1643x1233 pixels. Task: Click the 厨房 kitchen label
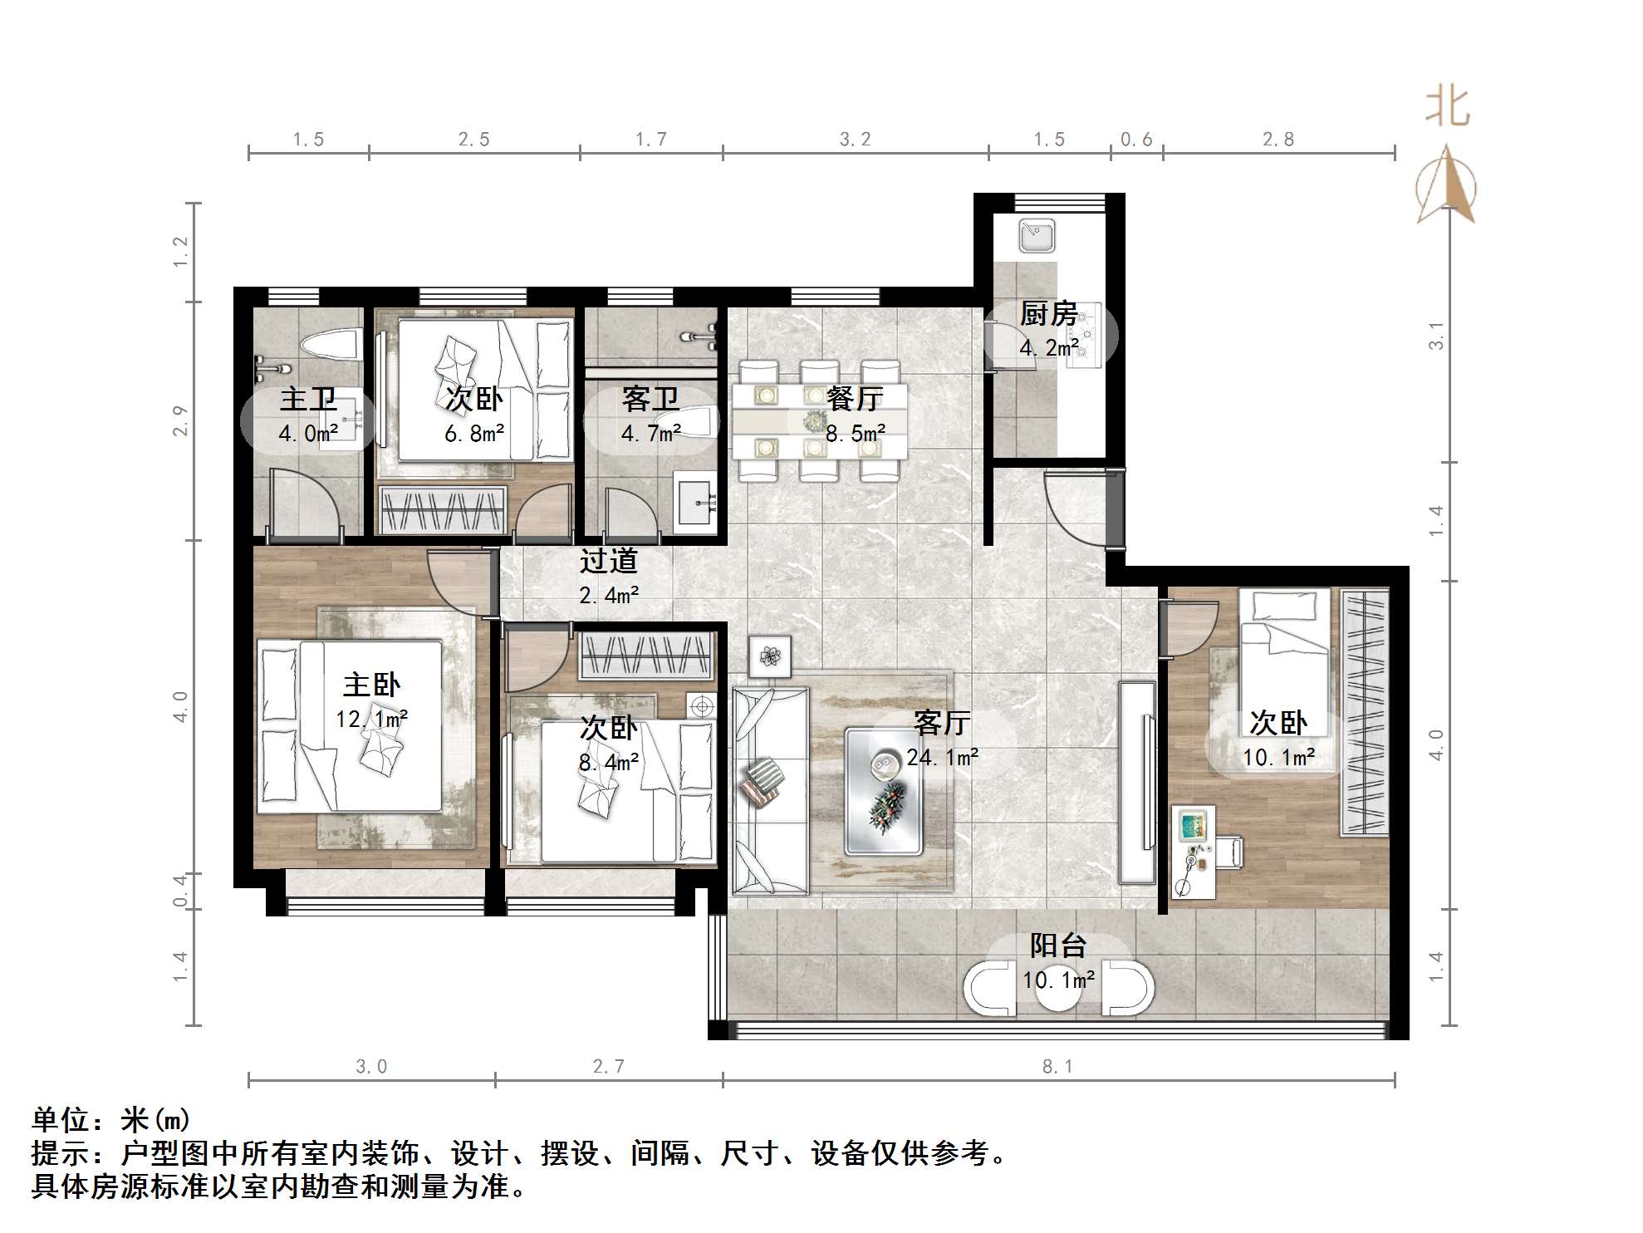coord(1048,314)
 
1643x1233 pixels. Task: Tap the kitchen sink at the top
coord(1037,236)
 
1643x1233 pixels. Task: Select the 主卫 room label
coord(308,399)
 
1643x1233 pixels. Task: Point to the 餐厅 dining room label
coord(855,399)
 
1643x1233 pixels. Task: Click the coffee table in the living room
coord(884,790)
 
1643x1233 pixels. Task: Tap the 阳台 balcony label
coord(1058,946)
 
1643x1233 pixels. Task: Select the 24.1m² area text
coord(943,757)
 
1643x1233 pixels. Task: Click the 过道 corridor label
coord(609,561)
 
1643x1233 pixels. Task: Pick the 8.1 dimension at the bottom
coord(1057,1067)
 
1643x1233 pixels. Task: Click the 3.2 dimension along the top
coord(855,140)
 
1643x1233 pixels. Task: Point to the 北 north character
coord(1447,107)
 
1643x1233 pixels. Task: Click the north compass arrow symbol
coord(1446,187)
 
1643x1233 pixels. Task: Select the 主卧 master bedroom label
coord(371,685)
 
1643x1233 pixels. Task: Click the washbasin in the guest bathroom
coord(694,501)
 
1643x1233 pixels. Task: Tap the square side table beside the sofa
coord(770,656)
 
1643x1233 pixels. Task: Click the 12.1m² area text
coord(371,719)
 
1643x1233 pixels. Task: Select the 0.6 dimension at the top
coord(1136,140)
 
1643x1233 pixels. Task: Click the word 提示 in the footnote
coord(61,1153)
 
